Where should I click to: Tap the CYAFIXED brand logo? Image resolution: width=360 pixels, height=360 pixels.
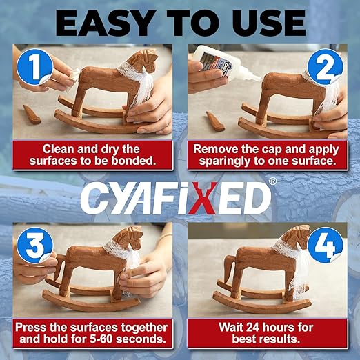(175, 199)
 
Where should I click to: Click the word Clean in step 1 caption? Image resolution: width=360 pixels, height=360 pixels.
(59, 148)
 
